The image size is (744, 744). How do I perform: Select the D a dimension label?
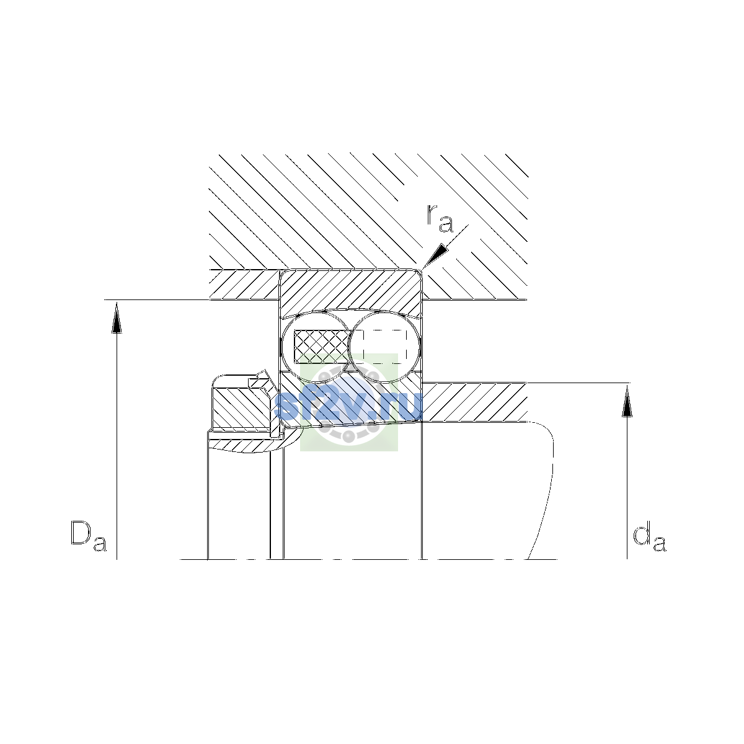click(88, 536)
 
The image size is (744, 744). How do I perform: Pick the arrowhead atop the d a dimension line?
click(627, 401)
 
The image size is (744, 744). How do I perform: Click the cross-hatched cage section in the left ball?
click(322, 347)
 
